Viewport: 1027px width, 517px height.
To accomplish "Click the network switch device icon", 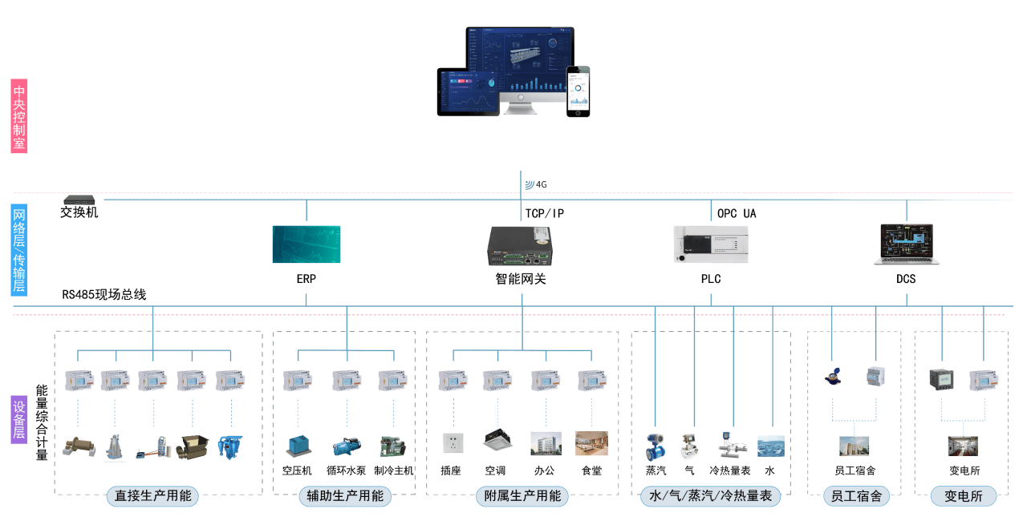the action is tap(79, 200).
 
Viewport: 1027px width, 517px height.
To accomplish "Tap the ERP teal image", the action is tap(306, 244).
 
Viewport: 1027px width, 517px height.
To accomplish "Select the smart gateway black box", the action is tap(520, 246).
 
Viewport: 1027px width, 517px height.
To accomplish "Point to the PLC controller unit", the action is tap(711, 244).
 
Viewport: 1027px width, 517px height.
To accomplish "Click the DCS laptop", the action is tap(907, 244).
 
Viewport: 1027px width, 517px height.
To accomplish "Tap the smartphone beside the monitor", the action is tap(578, 91).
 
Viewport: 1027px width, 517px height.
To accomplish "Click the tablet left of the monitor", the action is tap(468, 92).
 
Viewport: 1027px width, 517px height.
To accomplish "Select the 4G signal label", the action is tap(536, 184).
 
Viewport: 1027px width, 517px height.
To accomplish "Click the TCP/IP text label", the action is tap(545, 213).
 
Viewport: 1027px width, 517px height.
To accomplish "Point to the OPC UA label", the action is tap(737, 213).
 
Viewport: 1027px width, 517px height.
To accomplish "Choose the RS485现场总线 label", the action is tap(104, 294).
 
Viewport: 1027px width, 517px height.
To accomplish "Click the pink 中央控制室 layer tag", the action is tap(18, 116).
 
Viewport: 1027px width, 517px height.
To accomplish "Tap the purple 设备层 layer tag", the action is tap(18, 419).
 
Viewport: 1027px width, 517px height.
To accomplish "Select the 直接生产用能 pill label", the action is tap(152, 496).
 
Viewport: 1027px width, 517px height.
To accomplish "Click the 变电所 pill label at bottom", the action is tap(964, 496).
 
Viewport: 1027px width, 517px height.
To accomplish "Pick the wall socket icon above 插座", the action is tap(453, 443).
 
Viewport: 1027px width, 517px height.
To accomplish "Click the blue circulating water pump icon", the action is tap(347, 446).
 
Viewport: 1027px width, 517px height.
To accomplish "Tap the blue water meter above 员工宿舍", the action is tap(833, 377).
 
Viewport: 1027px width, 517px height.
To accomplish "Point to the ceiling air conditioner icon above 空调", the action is tap(497, 439).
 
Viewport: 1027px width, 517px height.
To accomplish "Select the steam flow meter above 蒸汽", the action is tap(656, 447).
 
